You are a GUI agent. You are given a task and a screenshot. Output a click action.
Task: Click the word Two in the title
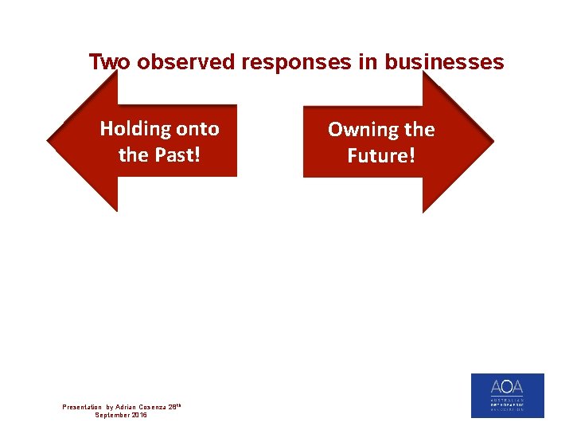(110, 62)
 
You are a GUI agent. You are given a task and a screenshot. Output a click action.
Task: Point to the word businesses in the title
(444, 62)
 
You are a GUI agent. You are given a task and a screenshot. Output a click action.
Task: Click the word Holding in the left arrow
(134, 128)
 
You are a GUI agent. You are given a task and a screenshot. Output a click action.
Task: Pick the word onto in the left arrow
(197, 128)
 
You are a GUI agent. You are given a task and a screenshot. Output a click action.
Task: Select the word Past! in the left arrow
(176, 154)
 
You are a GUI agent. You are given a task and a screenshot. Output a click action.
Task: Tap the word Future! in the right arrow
(381, 155)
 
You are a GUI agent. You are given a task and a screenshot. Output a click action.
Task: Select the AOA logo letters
(507, 389)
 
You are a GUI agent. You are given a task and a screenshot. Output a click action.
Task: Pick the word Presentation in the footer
(82, 407)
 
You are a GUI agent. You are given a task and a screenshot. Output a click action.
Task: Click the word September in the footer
(112, 415)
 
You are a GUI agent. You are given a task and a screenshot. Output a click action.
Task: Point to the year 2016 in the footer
(139, 415)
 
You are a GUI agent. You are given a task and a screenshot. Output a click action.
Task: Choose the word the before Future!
(419, 129)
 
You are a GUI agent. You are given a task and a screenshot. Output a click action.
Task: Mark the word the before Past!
(134, 154)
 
